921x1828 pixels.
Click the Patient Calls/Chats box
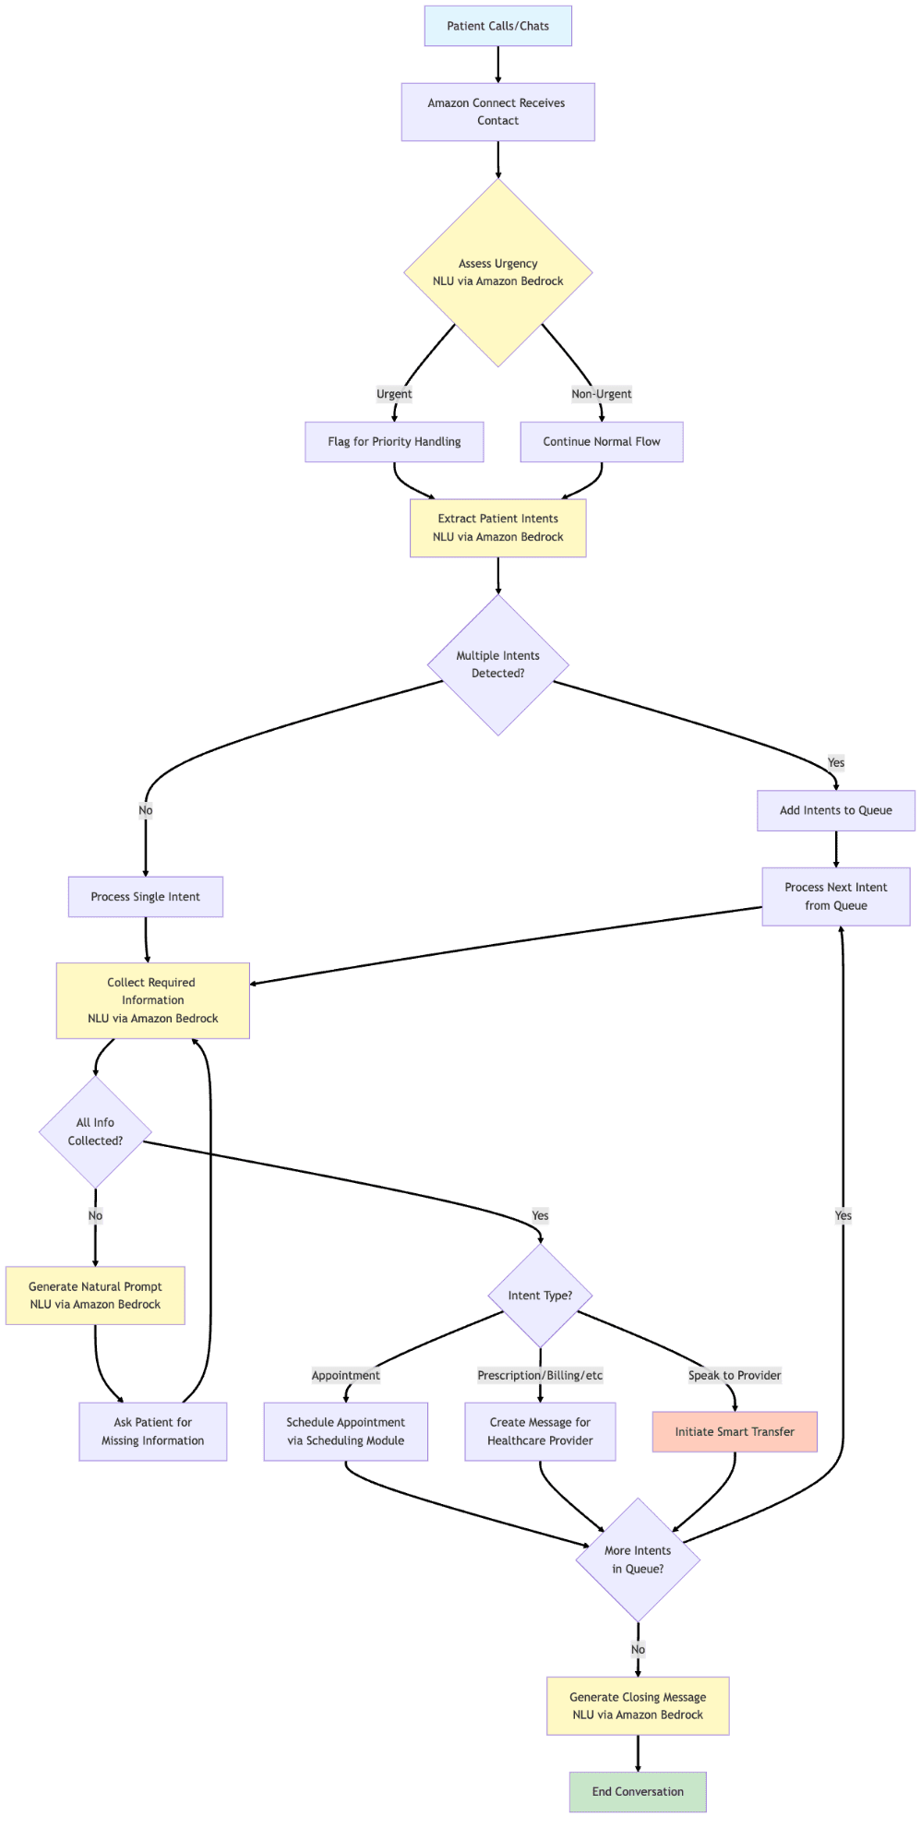(x=497, y=26)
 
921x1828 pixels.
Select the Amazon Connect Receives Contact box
(x=497, y=112)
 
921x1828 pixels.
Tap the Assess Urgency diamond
(x=497, y=272)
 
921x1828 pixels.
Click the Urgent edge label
(x=394, y=394)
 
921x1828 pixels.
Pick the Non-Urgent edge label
(x=602, y=394)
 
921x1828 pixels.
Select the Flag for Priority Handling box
(x=394, y=442)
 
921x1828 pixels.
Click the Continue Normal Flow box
(x=602, y=442)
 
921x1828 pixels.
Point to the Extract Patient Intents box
(x=497, y=528)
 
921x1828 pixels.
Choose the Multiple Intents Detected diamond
(x=497, y=664)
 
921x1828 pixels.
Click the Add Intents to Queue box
(x=836, y=810)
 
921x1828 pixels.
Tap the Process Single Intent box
(x=146, y=897)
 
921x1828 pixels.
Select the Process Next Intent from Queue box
(x=836, y=896)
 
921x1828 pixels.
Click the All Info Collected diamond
(x=95, y=1131)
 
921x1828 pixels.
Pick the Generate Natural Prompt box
(x=95, y=1296)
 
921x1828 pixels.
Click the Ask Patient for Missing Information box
(x=153, y=1431)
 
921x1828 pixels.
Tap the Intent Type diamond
(x=540, y=1296)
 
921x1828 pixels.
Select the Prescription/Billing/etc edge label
(x=540, y=1376)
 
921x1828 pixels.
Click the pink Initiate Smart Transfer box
(x=735, y=1431)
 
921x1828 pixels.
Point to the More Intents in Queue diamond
(x=638, y=1559)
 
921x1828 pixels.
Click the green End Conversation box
(x=638, y=1791)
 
